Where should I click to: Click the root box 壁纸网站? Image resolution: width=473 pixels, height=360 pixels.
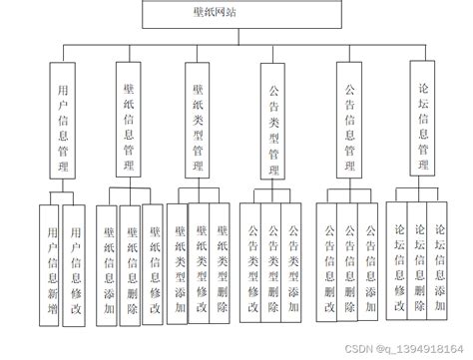coord(236,14)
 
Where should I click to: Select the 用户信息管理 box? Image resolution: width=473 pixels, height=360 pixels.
coord(64,121)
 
